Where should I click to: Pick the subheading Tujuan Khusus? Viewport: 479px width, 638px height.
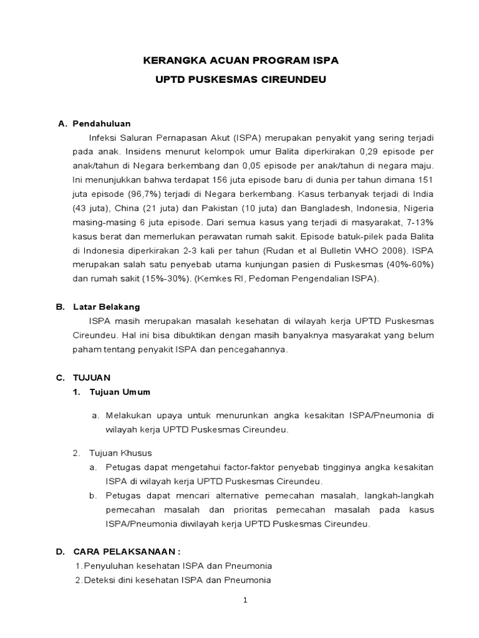pyautogui.click(x=120, y=453)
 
